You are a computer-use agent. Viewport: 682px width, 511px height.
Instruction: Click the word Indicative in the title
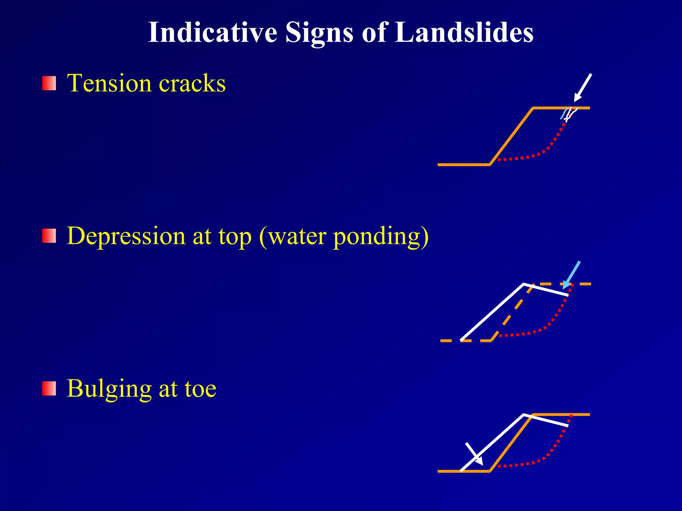212,33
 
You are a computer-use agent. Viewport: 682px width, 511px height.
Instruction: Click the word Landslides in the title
464,33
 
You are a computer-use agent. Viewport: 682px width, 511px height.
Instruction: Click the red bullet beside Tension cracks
49,83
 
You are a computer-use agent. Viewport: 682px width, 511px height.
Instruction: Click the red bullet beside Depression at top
49,236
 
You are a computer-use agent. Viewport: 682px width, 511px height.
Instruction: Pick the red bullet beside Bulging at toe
49,389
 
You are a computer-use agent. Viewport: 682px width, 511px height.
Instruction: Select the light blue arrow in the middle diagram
572,274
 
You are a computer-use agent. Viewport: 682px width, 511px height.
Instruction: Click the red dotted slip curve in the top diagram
546,150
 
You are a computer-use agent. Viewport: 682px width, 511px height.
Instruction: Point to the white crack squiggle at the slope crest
570,114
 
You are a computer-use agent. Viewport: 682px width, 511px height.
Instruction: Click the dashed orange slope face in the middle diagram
511,313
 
